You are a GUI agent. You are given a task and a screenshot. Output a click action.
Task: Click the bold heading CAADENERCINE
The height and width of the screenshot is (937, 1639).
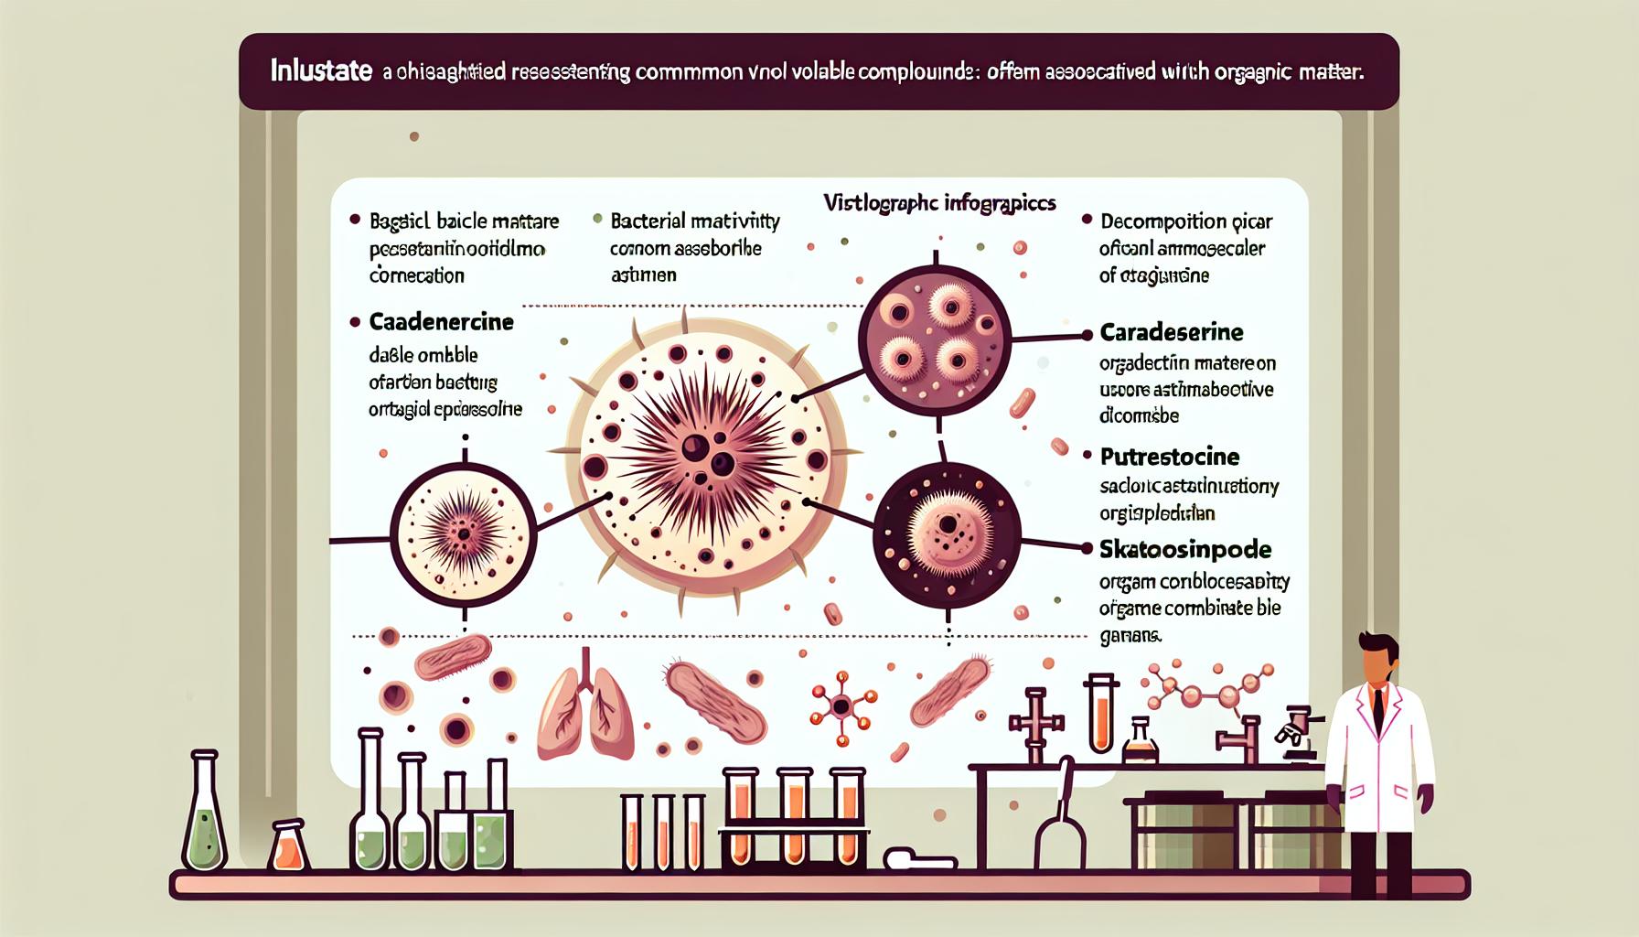pos(441,322)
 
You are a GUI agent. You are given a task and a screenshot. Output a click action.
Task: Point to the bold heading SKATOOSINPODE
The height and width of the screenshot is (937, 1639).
pos(1185,550)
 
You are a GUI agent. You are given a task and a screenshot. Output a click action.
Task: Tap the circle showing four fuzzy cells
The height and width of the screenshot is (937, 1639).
pos(937,332)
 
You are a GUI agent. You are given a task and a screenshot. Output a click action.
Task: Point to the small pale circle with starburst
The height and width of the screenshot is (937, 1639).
pos(463,533)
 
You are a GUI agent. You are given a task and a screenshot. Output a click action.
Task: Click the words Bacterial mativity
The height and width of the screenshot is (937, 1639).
pos(695,221)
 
